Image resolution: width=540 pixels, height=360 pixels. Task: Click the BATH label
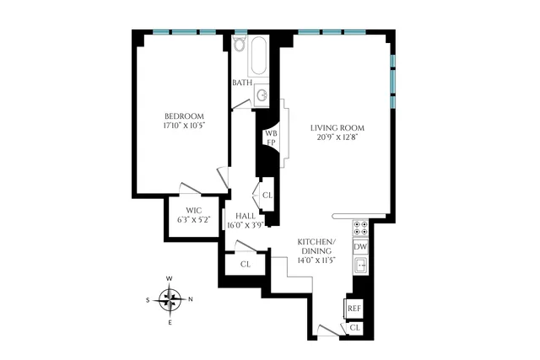coord(242,83)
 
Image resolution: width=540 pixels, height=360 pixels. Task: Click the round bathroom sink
coord(262,95)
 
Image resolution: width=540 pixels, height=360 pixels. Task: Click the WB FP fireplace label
coord(271,137)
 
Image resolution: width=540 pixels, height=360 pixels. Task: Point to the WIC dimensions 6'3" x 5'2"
coord(194,220)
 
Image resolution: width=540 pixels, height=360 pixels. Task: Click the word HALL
coord(246,216)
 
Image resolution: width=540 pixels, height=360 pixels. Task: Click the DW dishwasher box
coord(360,246)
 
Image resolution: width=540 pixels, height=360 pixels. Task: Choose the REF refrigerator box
coord(354,309)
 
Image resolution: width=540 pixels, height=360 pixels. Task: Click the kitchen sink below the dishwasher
coord(360,266)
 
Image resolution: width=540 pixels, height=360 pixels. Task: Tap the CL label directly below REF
coord(355,327)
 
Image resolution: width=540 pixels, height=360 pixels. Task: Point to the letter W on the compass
coord(170,279)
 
